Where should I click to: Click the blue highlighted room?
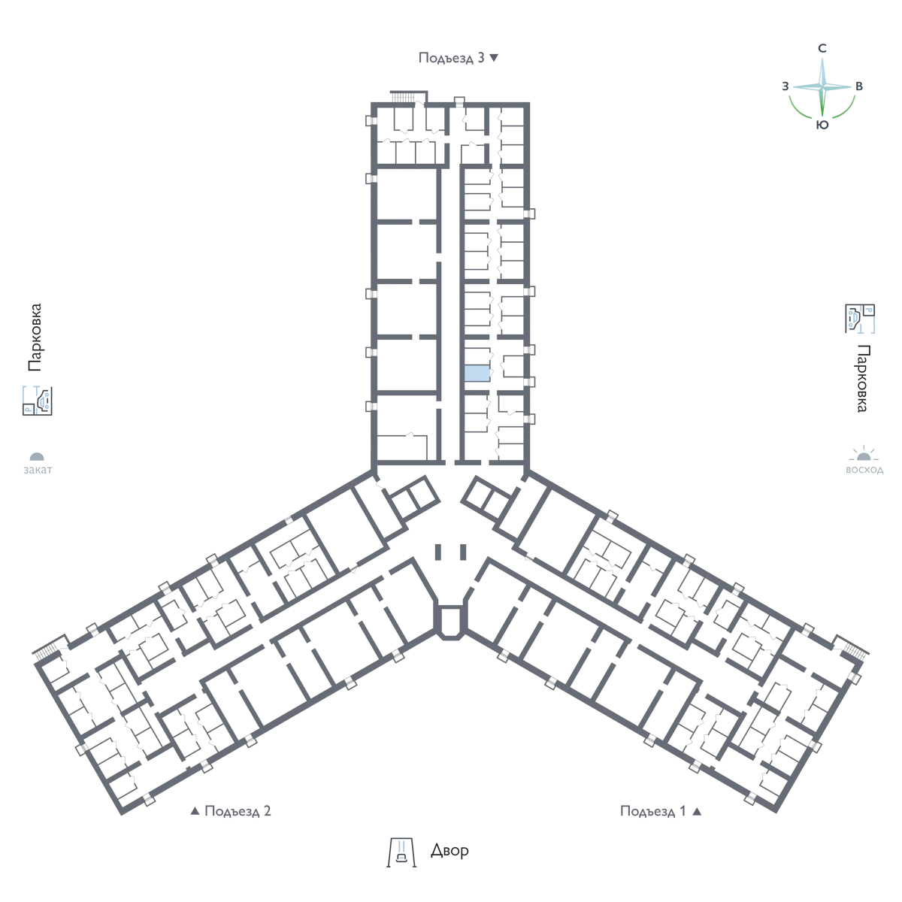477,374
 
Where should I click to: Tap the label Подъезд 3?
451,58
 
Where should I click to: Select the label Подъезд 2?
238,811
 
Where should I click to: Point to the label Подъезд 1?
653,811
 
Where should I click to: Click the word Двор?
449,850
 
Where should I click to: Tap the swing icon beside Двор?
401,852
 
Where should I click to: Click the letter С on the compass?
822,48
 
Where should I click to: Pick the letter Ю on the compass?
822,125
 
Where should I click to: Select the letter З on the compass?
785,86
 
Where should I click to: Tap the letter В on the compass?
859,86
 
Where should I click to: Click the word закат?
38,470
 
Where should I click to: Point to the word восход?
864,470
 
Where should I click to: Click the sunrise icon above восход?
864,453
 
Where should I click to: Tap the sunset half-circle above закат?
37,456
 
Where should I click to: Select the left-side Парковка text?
35,337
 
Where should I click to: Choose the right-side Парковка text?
863,378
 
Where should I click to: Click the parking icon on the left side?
38,401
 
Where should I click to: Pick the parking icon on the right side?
860,319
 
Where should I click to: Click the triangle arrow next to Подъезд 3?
494,58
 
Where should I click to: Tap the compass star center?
822,87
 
